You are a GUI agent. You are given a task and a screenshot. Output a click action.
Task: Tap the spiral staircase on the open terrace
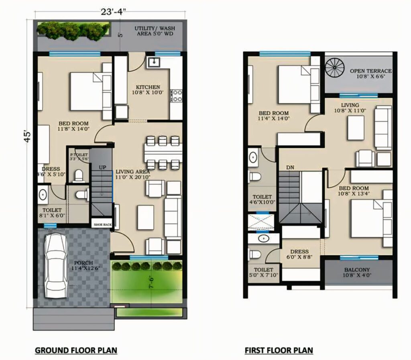333,67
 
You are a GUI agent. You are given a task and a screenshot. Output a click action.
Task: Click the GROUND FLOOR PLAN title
76,350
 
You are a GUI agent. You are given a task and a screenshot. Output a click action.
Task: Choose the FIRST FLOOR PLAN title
279,350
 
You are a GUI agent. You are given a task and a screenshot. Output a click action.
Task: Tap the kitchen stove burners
176,96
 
